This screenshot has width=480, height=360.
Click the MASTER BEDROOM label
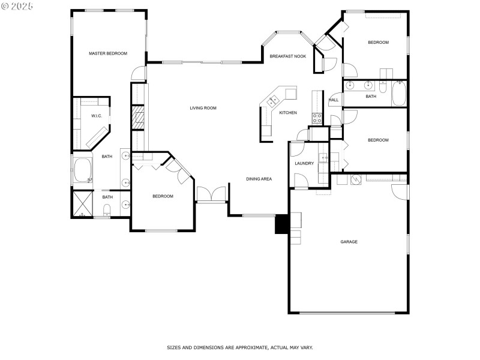pos(108,53)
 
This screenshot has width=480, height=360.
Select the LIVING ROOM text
pos(203,108)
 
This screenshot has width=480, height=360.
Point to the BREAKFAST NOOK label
pos(288,56)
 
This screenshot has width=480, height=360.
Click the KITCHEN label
pos(288,113)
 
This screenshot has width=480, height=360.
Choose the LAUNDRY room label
pos(304,163)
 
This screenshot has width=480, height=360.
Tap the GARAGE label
pos(349,242)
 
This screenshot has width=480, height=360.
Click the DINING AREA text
pos(259,179)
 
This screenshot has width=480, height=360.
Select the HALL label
pos(334,100)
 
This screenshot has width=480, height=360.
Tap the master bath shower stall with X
pos(83,203)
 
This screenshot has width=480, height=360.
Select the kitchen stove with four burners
pos(317,118)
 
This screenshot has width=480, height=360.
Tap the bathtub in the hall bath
pos(398,95)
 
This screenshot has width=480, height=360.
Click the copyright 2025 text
pos(17,5)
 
